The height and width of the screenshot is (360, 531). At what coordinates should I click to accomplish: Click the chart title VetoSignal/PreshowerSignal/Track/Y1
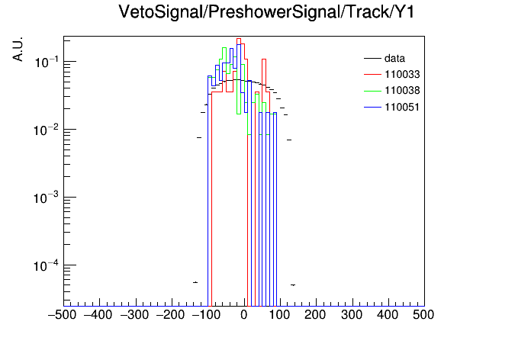pyautogui.click(x=266, y=12)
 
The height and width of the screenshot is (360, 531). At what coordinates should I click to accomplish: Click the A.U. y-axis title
pyautogui.click(x=18, y=49)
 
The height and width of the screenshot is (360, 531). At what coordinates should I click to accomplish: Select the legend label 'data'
pyautogui.click(x=394, y=59)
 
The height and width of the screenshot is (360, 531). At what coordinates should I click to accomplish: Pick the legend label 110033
pyautogui.click(x=402, y=75)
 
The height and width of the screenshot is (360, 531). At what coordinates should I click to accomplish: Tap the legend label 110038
pyautogui.click(x=402, y=91)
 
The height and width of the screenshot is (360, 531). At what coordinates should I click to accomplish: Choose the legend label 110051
pyautogui.click(x=402, y=107)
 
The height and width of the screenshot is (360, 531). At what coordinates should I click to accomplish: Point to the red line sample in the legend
pyautogui.click(x=372, y=75)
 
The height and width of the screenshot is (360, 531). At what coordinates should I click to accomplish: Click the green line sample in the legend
pyautogui.click(x=372, y=91)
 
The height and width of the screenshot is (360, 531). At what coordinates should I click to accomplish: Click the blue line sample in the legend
pyautogui.click(x=372, y=108)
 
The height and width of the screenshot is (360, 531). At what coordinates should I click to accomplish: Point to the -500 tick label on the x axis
pyautogui.click(x=62, y=315)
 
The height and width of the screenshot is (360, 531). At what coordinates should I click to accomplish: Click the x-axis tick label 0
pyautogui.click(x=244, y=315)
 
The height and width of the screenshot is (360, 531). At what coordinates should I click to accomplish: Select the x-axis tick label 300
pyautogui.click(x=352, y=315)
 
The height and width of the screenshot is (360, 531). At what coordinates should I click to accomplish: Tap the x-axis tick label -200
pyautogui.click(x=170, y=315)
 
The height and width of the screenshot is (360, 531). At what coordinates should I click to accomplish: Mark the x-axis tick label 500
pyautogui.click(x=423, y=315)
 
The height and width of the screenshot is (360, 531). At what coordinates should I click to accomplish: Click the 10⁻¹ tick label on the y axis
pyautogui.click(x=46, y=62)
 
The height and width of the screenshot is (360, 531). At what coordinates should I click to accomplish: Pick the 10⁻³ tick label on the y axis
pyautogui.click(x=46, y=198)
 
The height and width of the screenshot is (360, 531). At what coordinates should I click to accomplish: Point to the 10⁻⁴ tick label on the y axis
pyautogui.click(x=46, y=265)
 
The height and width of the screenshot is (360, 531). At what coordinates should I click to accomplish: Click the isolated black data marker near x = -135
pyautogui.click(x=195, y=282)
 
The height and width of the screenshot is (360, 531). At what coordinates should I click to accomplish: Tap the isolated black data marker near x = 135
pyautogui.click(x=293, y=285)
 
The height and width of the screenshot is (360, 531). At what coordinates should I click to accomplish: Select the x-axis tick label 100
pyautogui.click(x=279, y=315)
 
